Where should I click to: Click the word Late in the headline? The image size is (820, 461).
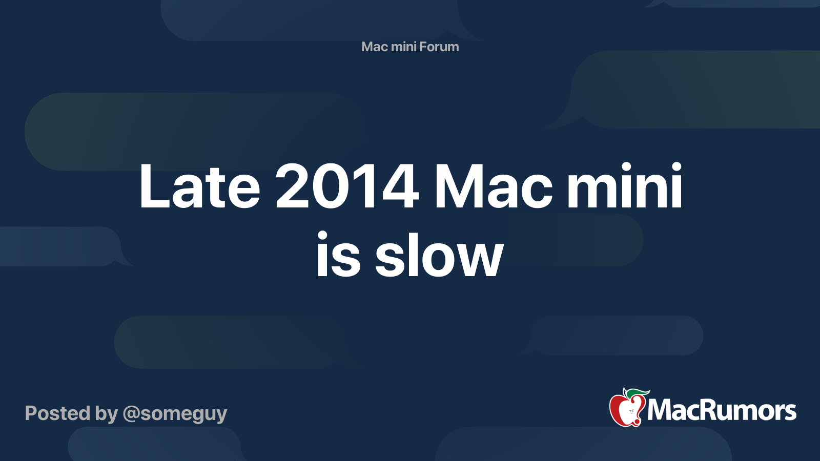pyautogui.click(x=199, y=186)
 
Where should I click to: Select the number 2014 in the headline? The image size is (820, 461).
pyautogui.click(x=347, y=186)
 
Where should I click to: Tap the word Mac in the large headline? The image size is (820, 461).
pyautogui.click(x=493, y=186)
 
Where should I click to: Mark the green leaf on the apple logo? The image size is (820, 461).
pyautogui.click(x=638, y=394)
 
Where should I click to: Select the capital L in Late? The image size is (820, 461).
pyautogui.click(x=154, y=186)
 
